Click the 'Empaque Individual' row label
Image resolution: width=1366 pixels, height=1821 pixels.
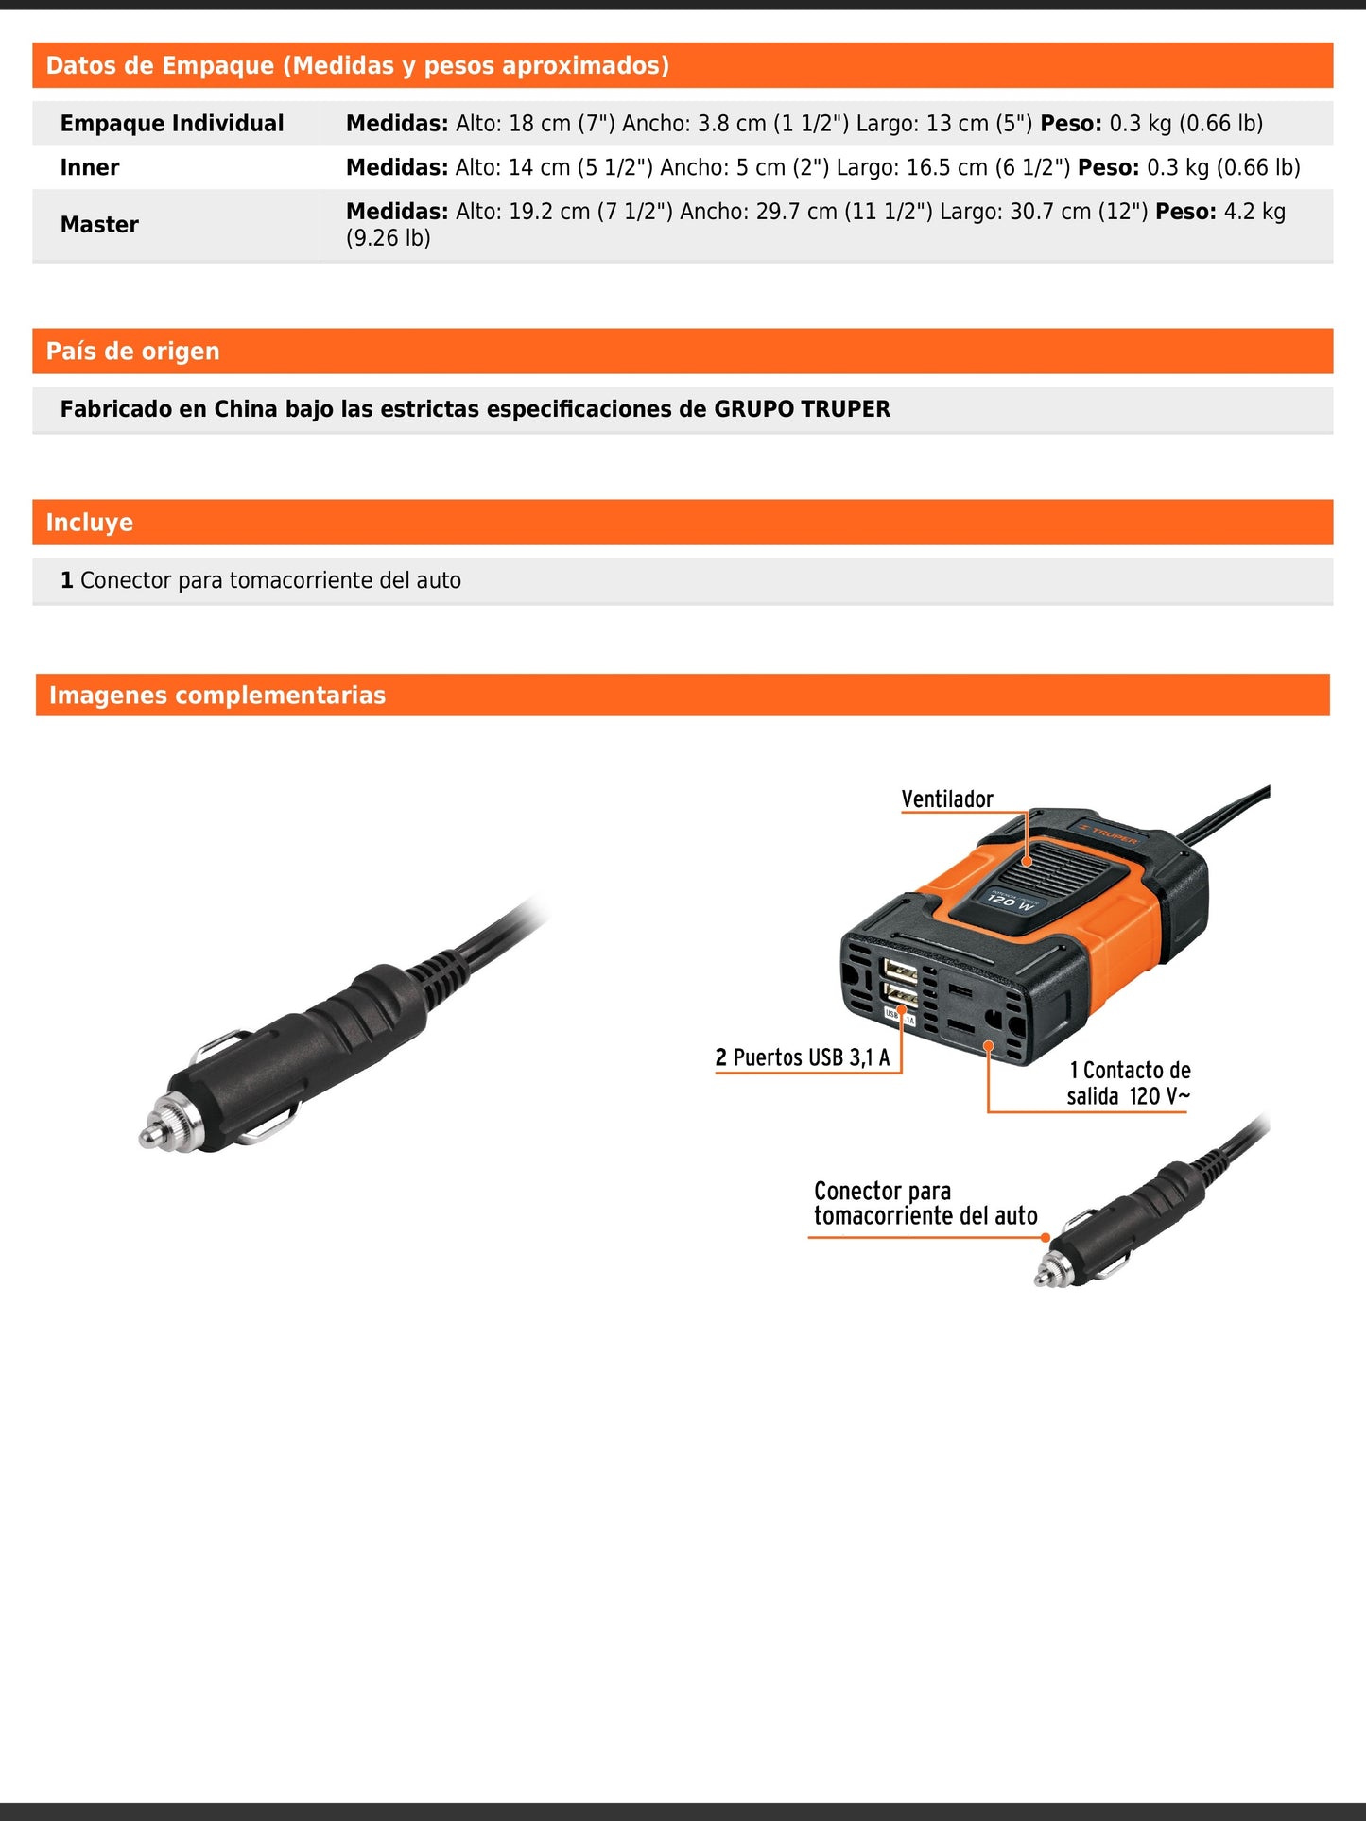click(171, 124)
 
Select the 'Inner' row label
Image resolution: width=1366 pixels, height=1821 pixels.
click(90, 168)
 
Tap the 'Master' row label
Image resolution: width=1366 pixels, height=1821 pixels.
click(99, 225)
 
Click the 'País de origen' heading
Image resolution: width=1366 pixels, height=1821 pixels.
click(132, 352)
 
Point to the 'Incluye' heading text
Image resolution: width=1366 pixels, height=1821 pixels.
click(89, 523)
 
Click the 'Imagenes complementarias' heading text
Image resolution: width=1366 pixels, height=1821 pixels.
click(217, 696)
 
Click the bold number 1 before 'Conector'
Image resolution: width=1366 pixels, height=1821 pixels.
click(67, 580)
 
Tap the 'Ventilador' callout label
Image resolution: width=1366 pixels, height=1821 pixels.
click(947, 799)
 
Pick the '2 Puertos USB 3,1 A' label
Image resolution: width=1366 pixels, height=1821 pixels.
click(803, 1057)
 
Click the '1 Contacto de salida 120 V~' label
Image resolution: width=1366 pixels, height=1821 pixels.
click(1129, 1083)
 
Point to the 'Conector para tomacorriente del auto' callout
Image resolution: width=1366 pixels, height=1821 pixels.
click(925, 1203)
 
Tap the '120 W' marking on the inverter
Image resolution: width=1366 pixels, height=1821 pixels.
click(1010, 901)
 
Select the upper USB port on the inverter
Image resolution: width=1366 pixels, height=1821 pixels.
click(899, 971)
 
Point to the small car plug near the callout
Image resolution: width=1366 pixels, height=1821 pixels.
click(1125, 1220)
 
